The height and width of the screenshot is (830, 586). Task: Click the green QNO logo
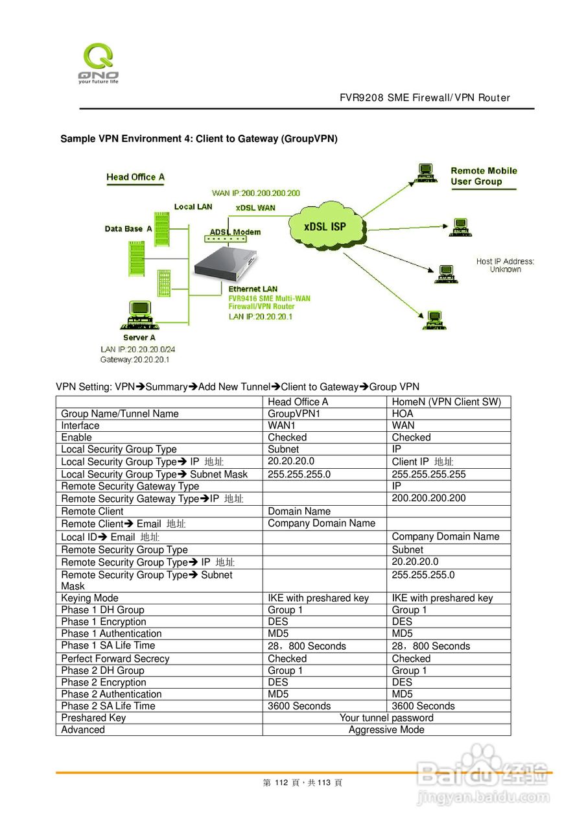pos(98,62)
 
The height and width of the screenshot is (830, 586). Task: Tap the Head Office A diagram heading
pos(135,177)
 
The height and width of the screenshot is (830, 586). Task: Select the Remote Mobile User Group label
pos(484,176)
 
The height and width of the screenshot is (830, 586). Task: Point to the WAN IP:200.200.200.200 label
pos(256,193)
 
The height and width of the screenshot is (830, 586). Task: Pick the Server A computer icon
pos(139,314)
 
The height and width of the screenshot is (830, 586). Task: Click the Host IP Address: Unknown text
pos(505,265)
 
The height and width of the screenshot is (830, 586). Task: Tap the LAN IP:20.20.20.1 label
pos(261,316)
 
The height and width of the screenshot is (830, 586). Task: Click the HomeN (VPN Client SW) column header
pos(447,402)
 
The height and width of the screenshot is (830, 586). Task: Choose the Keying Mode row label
pos(90,598)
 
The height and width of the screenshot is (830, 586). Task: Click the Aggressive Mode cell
pos(386,729)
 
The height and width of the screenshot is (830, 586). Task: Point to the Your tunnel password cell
pos(386,718)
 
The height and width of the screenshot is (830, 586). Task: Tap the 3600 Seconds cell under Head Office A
pos(299,706)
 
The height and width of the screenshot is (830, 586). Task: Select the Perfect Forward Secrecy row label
pos(115,658)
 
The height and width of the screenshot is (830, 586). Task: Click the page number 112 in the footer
pos(281,783)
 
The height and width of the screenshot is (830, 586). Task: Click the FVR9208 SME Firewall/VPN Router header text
pos(425,98)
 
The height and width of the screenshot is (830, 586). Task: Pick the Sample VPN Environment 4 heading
pos(199,139)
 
